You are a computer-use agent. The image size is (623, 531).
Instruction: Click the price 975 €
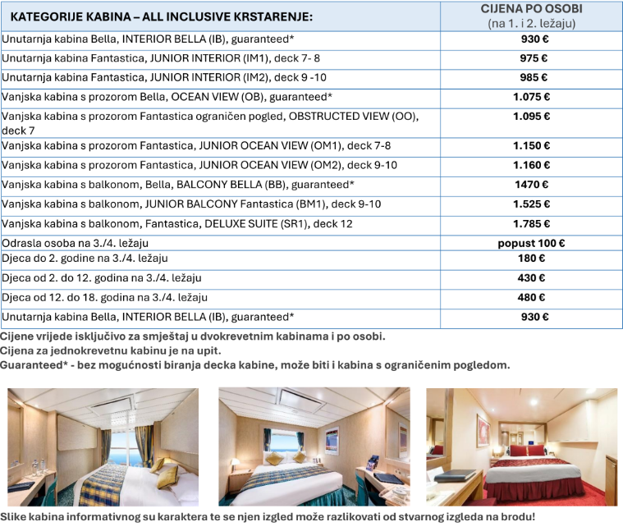pyautogui.click(x=534, y=58)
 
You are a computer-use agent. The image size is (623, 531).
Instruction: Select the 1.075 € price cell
pyautogui.click(x=531, y=97)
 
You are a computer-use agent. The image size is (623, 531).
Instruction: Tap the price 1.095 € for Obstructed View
pyautogui.click(x=531, y=117)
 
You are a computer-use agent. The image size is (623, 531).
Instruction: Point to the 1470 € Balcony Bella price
pyautogui.click(x=531, y=185)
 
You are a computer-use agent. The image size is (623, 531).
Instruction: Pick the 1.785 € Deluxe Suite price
pyautogui.click(x=531, y=223)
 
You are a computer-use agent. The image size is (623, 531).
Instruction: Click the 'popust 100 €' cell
pyautogui.click(x=531, y=243)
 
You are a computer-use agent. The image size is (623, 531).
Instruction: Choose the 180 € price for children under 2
pyautogui.click(x=531, y=259)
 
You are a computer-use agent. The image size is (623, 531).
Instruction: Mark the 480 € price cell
pyautogui.click(x=531, y=297)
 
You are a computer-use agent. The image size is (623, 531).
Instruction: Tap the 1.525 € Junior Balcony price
pyautogui.click(x=531, y=204)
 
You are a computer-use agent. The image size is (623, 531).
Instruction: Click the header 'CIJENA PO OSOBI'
pyautogui.click(x=531, y=9)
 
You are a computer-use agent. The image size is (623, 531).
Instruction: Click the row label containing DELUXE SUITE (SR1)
pyautogui.click(x=177, y=223)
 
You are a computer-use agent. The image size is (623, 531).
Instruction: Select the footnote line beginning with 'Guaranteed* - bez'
pyautogui.click(x=254, y=365)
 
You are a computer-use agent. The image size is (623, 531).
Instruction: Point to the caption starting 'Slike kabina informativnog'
pyautogui.click(x=268, y=517)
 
